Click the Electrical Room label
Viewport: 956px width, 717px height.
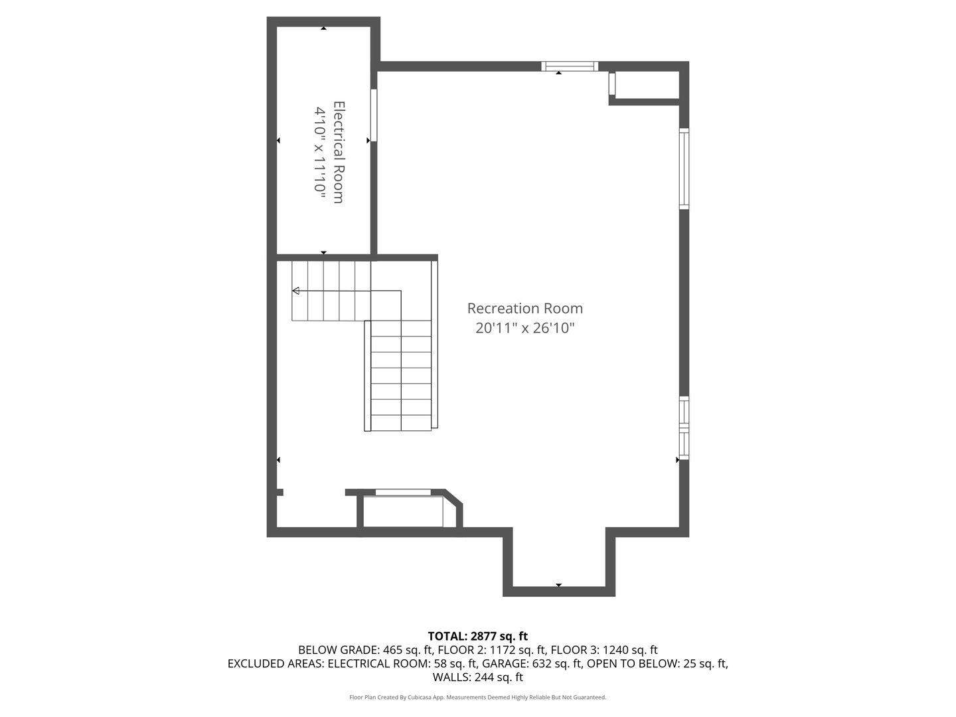339,152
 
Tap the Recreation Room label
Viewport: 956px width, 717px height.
525,308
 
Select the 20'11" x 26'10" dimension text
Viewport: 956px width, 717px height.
525,328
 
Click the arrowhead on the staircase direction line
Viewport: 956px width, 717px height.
295,290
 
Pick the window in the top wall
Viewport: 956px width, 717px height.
570,66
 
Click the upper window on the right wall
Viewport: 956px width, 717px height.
684,169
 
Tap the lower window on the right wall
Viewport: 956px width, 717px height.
684,428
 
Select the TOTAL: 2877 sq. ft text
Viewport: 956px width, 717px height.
478,636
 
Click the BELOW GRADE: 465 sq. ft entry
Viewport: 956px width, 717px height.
366,650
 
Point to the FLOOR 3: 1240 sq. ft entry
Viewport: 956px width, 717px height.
604,650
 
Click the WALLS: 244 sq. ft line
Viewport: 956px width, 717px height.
478,677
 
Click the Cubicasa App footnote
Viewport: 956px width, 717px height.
478,697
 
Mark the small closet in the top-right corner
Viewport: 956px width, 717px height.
645,86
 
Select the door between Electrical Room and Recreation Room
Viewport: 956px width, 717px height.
374,116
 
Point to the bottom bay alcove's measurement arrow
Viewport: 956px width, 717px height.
559,585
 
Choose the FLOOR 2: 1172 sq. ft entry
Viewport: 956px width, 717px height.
492,650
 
